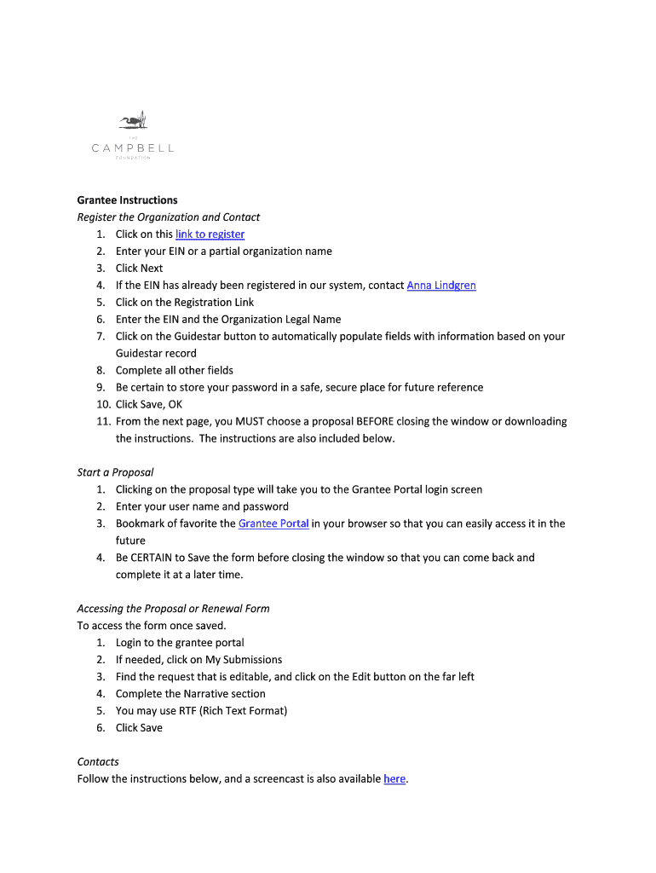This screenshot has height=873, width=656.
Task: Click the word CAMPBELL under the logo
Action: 132,147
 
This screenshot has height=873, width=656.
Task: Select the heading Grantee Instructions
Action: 127,200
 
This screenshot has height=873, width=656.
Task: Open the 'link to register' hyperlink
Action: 210,234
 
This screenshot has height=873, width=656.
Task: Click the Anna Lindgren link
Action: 441,286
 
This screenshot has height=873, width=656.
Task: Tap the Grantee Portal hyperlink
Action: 273,523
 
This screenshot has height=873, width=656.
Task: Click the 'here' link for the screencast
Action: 394,778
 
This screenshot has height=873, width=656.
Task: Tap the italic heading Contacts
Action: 98,761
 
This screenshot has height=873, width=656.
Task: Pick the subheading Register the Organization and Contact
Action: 168,217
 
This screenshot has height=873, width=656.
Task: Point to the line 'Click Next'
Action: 139,269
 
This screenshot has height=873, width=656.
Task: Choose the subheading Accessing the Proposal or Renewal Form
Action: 173,609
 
